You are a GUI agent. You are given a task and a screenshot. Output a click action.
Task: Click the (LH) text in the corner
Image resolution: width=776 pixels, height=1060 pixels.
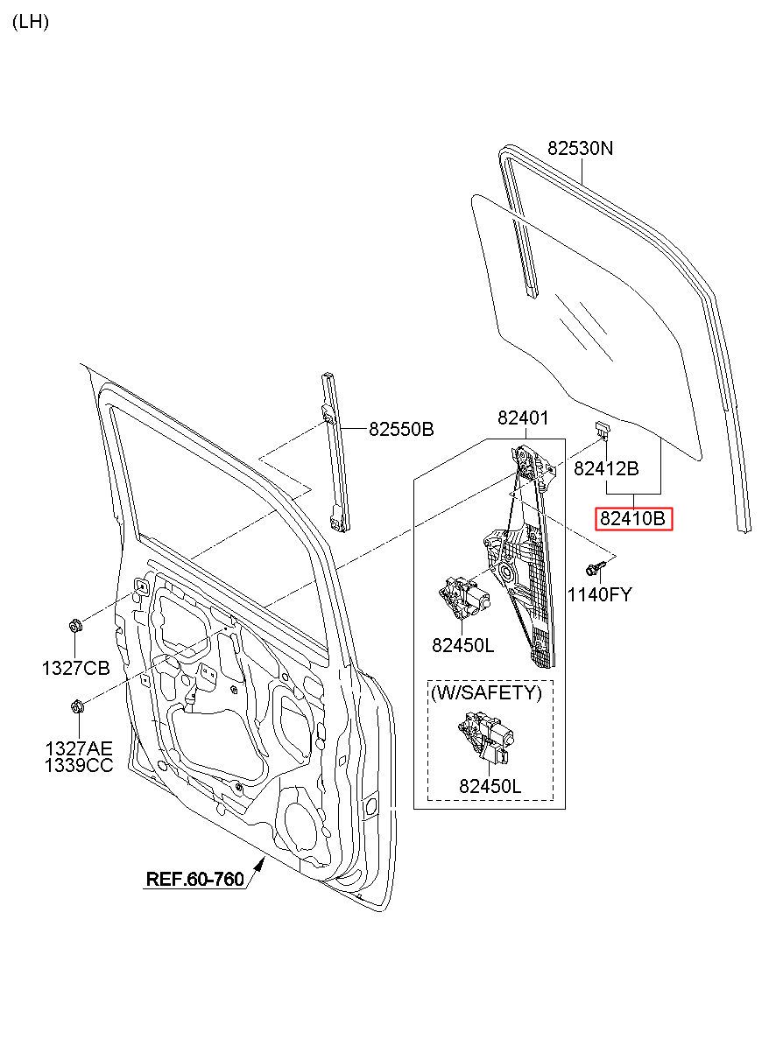[31, 22]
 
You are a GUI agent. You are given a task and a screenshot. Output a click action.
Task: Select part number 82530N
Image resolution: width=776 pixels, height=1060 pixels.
[580, 149]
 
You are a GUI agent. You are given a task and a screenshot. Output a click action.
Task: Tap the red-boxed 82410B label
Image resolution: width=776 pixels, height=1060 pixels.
[633, 519]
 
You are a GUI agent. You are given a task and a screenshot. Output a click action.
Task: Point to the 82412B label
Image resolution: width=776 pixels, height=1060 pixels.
[606, 468]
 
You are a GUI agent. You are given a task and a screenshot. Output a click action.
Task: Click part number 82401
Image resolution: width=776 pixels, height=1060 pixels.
[523, 418]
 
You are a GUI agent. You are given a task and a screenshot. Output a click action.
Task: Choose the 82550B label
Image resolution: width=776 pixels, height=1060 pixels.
[401, 429]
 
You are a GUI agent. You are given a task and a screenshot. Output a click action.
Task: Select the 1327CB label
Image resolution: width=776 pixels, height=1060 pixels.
[75, 669]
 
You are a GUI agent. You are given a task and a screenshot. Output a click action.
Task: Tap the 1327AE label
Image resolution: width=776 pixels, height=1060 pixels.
[79, 749]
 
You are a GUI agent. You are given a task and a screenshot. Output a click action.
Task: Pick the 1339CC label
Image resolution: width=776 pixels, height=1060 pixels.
[79, 766]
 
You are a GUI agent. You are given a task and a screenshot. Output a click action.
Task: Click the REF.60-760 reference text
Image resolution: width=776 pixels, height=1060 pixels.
[194, 879]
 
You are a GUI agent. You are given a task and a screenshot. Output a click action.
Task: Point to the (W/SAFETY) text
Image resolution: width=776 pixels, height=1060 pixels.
[486, 692]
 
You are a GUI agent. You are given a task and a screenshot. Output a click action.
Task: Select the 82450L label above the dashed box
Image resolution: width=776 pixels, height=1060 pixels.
[462, 645]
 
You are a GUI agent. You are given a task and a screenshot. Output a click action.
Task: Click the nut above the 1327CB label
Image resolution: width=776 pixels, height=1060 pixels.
[75, 627]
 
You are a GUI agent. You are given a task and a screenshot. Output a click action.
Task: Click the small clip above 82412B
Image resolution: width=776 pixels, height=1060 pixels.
[603, 428]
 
